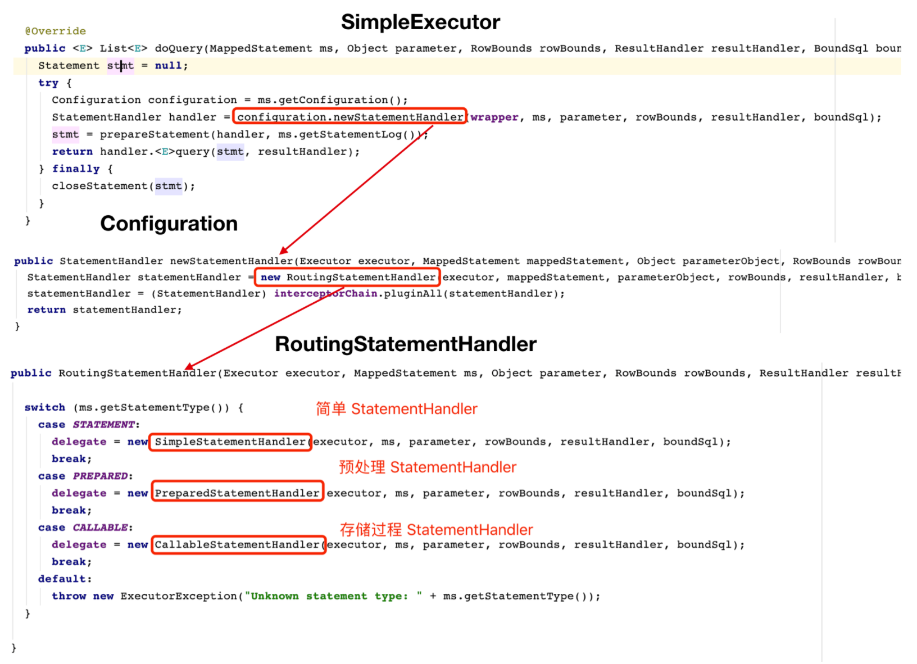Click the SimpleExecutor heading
tap(420, 22)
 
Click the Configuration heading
tap(169, 224)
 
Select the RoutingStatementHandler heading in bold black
tap(405, 344)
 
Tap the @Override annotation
tap(55, 31)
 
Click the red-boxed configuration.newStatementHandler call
tap(349, 117)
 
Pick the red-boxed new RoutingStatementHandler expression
tap(348, 277)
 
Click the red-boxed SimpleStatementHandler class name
tap(230, 442)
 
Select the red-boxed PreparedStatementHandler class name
tap(238, 493)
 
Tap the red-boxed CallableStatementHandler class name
tap(239, 545)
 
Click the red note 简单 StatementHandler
tap(396, 409)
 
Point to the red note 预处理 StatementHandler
tap(428, 467)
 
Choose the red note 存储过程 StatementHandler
tap(437, 530)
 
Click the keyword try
tap(48, 83)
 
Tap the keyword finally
tap(76, 169)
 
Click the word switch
tap(44, 407)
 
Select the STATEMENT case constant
tap(103, 425)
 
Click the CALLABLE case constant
tap(100, 527)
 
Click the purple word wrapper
tap(494, 117)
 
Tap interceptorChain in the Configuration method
tap(325, 293)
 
